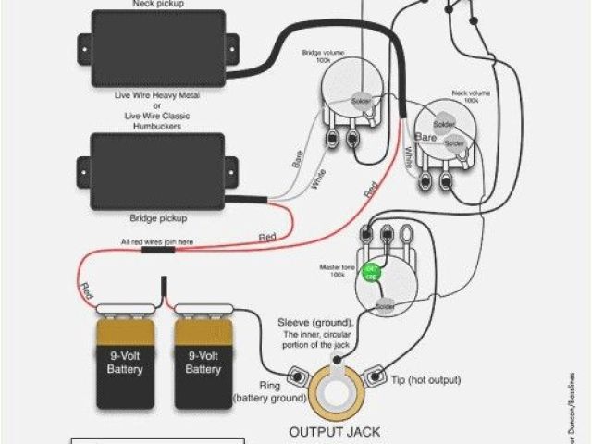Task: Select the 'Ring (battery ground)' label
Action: point(262,389)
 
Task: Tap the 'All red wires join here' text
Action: point(156,241)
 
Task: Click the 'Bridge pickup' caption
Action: point(158,219)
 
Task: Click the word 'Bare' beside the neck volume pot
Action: point(425,136)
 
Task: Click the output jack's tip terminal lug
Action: point(377,376)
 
